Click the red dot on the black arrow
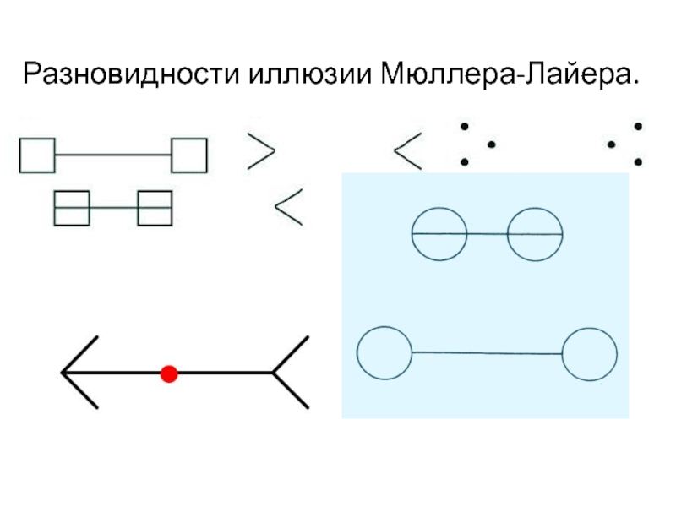tap(169, 373)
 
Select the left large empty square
tap(36, 155)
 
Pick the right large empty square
tap(188, 155)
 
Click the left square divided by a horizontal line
tap(71, 208)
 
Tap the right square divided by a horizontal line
tap(155, 208)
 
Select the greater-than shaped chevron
tap(260, 151)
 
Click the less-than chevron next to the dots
tap(409, 152)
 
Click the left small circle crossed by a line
tap(439, 233)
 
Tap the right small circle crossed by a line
tap(535, 233)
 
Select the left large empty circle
tap(384, 352)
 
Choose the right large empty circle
tap(589, 354)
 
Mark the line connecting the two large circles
tap(487, 352)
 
